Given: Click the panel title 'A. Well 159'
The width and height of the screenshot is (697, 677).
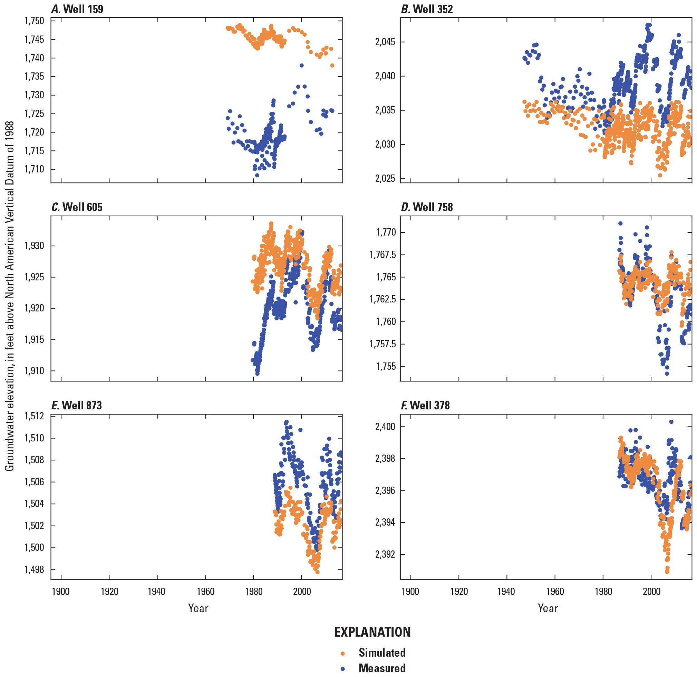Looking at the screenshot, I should coord(77,9).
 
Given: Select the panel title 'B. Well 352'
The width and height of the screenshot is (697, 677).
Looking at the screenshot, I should coord(427,9).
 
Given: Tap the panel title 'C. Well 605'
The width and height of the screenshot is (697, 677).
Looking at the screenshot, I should coord(77,207).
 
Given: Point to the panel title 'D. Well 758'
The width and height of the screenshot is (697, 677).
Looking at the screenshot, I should coord(427,207).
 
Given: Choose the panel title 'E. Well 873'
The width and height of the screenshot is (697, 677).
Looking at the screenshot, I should coord(77,405).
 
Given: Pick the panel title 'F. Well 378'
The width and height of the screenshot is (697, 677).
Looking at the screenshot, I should coord(425,405).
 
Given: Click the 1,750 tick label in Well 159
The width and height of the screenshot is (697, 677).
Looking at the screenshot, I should coord(34,21).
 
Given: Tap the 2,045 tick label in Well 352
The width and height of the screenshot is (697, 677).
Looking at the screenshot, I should coord(385,42).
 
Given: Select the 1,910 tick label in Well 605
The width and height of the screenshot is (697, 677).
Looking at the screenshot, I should coord(34,371).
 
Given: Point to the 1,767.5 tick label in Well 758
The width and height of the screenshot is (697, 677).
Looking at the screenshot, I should coord(382,255).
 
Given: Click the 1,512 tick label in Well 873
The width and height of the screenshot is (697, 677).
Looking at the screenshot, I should coord(34,416).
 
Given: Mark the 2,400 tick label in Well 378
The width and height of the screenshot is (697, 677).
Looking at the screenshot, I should coord(385,427).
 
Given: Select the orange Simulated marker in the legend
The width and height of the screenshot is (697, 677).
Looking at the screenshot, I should coord(343,653).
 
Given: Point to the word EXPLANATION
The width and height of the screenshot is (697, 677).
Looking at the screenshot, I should coord(372,632).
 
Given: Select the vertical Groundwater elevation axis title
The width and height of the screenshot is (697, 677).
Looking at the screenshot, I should coord(10,296).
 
